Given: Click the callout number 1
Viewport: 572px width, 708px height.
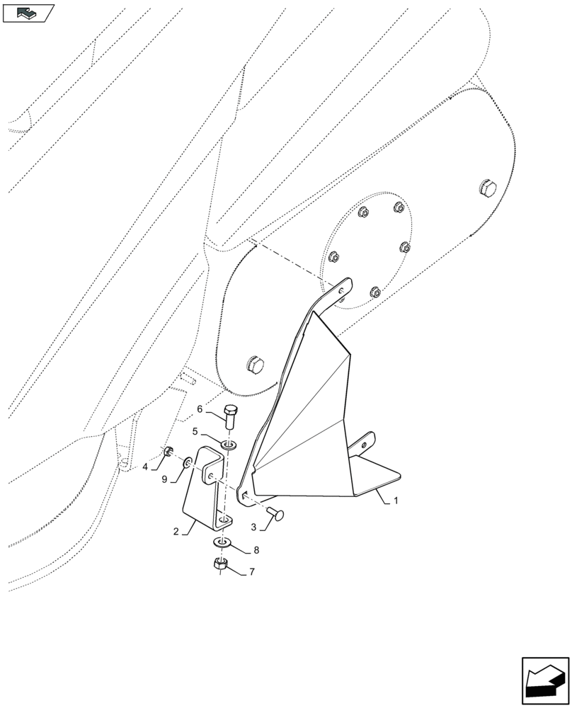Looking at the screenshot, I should click(396, 501).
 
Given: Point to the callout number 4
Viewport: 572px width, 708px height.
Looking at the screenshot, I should click(145, 467).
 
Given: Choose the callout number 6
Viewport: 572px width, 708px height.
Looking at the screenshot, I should click(200, 409).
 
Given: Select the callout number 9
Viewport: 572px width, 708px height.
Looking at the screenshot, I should click(165, 480).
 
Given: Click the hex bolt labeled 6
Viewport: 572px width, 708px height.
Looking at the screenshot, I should click(230, 416).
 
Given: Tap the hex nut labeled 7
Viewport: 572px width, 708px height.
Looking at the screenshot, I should click(220, 564).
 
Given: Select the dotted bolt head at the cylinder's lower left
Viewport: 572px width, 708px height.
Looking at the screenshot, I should click(255, 366).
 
